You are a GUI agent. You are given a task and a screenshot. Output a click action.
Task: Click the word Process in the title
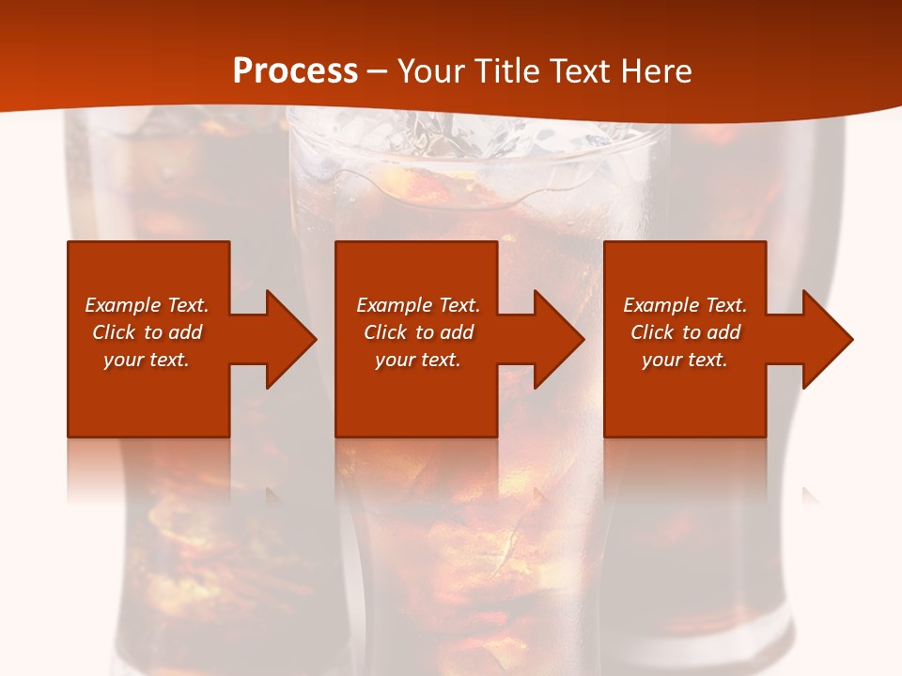tap(295, 71)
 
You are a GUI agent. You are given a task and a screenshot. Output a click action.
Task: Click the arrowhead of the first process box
tap(290, 339)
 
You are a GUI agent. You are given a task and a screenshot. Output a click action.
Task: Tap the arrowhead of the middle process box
tap(558, 339)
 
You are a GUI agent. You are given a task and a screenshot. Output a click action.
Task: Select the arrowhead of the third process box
tap(827, 339)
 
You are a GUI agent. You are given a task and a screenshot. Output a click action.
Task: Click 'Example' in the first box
tap(124, 305)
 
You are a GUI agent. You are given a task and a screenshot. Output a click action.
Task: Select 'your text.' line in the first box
tap(147, 360)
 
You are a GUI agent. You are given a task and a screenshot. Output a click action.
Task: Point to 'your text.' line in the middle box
tap(418, 360)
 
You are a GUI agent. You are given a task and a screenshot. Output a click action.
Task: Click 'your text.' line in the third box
tap(685, 360)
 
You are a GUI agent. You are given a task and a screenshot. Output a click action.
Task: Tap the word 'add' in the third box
tap(723, 332)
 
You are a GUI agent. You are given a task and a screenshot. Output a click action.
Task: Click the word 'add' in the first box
tap(185, 332)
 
